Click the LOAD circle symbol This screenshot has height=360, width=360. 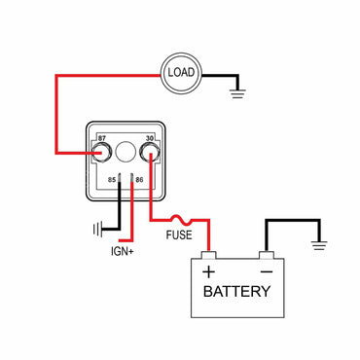[183, 72]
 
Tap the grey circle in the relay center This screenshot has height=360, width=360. [126, 151]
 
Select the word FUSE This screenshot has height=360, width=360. [179, 235]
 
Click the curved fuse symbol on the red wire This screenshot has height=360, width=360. [181, 220]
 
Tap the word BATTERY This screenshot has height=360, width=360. [237, 291]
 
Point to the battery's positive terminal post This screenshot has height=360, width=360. [208, 256]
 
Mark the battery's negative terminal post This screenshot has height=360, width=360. [266, 256]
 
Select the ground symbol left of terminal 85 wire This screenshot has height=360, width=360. [97, 231]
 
